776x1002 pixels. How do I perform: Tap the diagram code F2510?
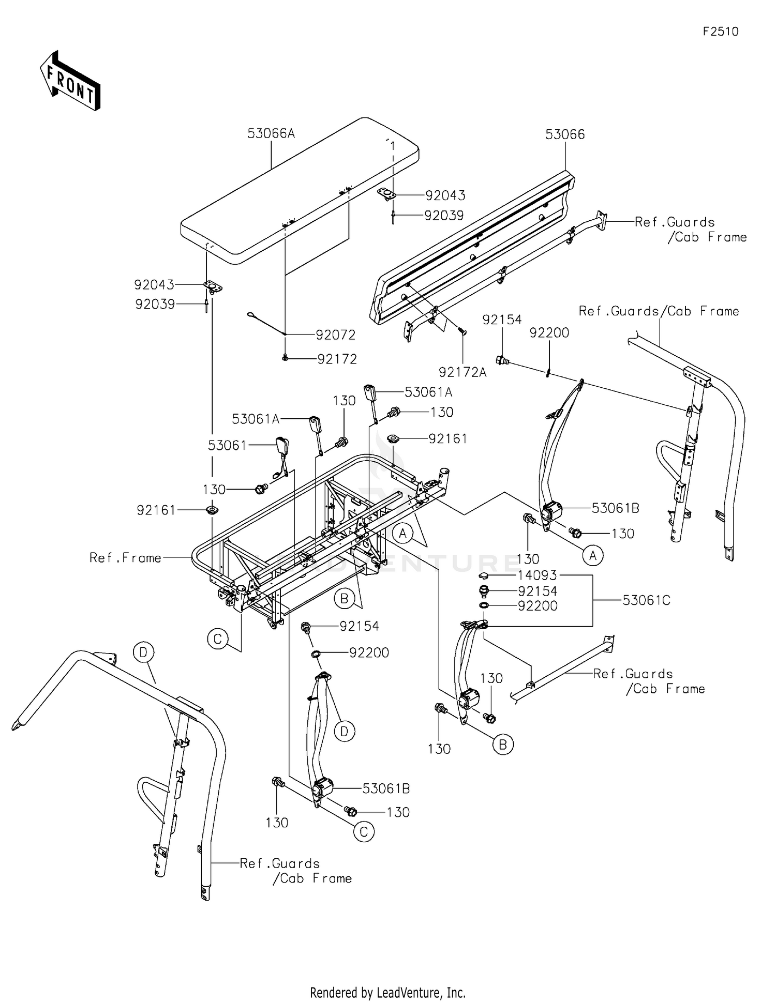point(720,32)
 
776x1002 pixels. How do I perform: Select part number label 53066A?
point(271,134)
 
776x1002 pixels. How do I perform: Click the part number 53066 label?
point(565,135)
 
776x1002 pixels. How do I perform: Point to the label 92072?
point(336,335)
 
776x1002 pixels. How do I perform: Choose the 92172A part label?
point(462,372)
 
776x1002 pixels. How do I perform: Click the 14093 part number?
point(538,575)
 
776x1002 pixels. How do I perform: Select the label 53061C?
point(646,600)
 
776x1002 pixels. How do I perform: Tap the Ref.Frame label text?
point(125,558)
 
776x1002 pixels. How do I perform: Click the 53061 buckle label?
point(227,445)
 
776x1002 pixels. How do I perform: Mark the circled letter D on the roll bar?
point(143,652)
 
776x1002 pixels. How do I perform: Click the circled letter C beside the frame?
point(218,639)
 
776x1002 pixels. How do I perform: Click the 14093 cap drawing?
point(484,576)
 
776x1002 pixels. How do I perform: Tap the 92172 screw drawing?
point(285,358)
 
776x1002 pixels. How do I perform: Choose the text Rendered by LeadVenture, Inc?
point(387,992)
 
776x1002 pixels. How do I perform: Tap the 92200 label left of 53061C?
point(538,606)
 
